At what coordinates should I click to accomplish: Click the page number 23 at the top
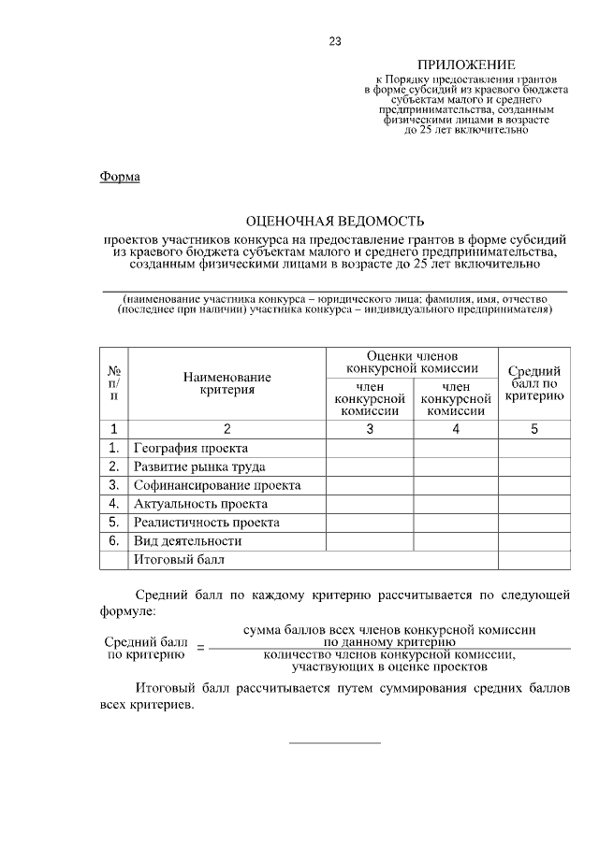[334, 40]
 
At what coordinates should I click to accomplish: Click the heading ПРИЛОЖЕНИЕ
[465, 65]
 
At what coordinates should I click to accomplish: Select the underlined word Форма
[120, 177]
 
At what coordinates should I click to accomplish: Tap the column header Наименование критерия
[226, 383]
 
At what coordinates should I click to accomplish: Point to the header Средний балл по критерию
[533, 383]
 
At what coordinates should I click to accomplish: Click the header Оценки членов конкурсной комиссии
[412, 362]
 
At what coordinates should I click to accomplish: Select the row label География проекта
[191, 448]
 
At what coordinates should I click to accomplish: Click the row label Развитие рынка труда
[199, 466]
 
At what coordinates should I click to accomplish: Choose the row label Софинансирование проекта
[217, 485]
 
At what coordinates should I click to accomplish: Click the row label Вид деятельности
[188, 541]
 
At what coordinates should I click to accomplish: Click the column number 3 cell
[370, 429]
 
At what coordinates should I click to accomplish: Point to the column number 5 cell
[533, 429]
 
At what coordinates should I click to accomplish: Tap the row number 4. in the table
[113, 504]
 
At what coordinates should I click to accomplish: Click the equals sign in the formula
[199, 648]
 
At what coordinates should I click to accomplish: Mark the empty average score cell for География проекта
[533, 448]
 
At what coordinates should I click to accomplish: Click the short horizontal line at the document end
[335, 743]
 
